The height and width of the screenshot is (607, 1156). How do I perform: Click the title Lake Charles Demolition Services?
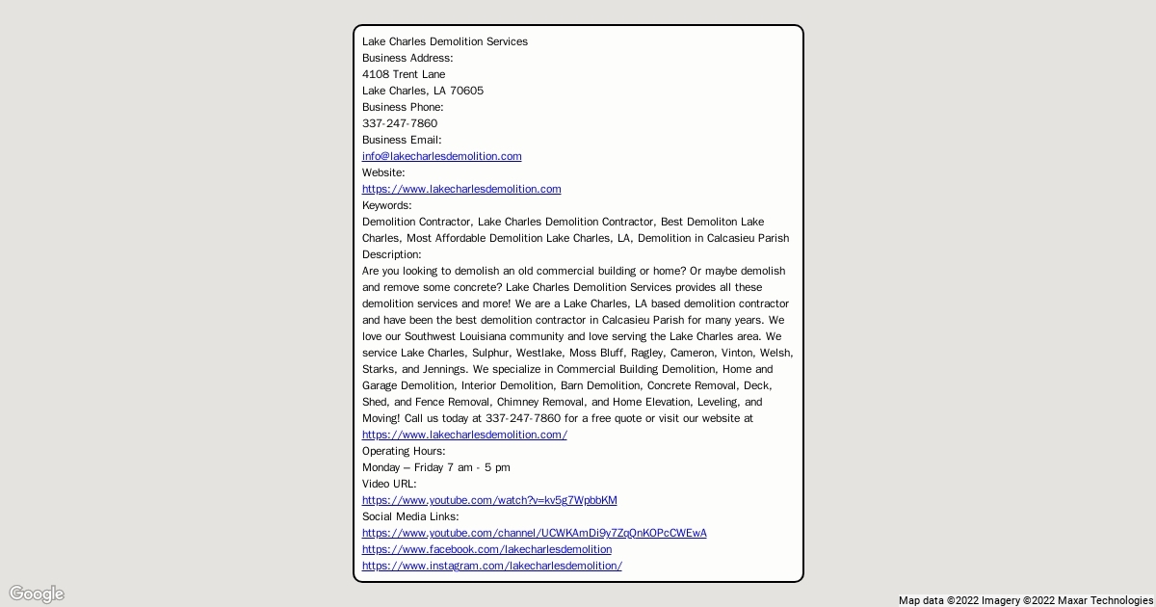444,41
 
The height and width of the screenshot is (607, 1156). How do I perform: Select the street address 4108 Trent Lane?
404,74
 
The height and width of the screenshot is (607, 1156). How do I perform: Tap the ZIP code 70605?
466,91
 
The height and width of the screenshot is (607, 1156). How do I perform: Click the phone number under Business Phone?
400,123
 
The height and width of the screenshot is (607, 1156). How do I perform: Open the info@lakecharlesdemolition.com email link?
441,156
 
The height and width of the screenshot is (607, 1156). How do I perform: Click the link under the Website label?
461,189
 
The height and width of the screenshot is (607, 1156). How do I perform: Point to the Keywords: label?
386,205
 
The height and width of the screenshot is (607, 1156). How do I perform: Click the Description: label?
391,254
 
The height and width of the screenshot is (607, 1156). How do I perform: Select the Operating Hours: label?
404,451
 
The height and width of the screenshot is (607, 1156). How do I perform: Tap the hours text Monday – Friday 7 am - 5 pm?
436,467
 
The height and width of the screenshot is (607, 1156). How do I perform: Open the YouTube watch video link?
489,500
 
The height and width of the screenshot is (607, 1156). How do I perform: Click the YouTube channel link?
534,533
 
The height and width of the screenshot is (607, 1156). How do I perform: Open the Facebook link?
486,549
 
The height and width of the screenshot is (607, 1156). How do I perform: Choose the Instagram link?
491,566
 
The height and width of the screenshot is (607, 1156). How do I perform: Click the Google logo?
37,594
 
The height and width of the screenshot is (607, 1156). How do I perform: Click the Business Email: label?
402,140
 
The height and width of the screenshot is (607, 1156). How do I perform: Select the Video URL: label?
389,484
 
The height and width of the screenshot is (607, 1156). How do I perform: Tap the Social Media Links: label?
410,516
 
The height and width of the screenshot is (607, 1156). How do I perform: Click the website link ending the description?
464,435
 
